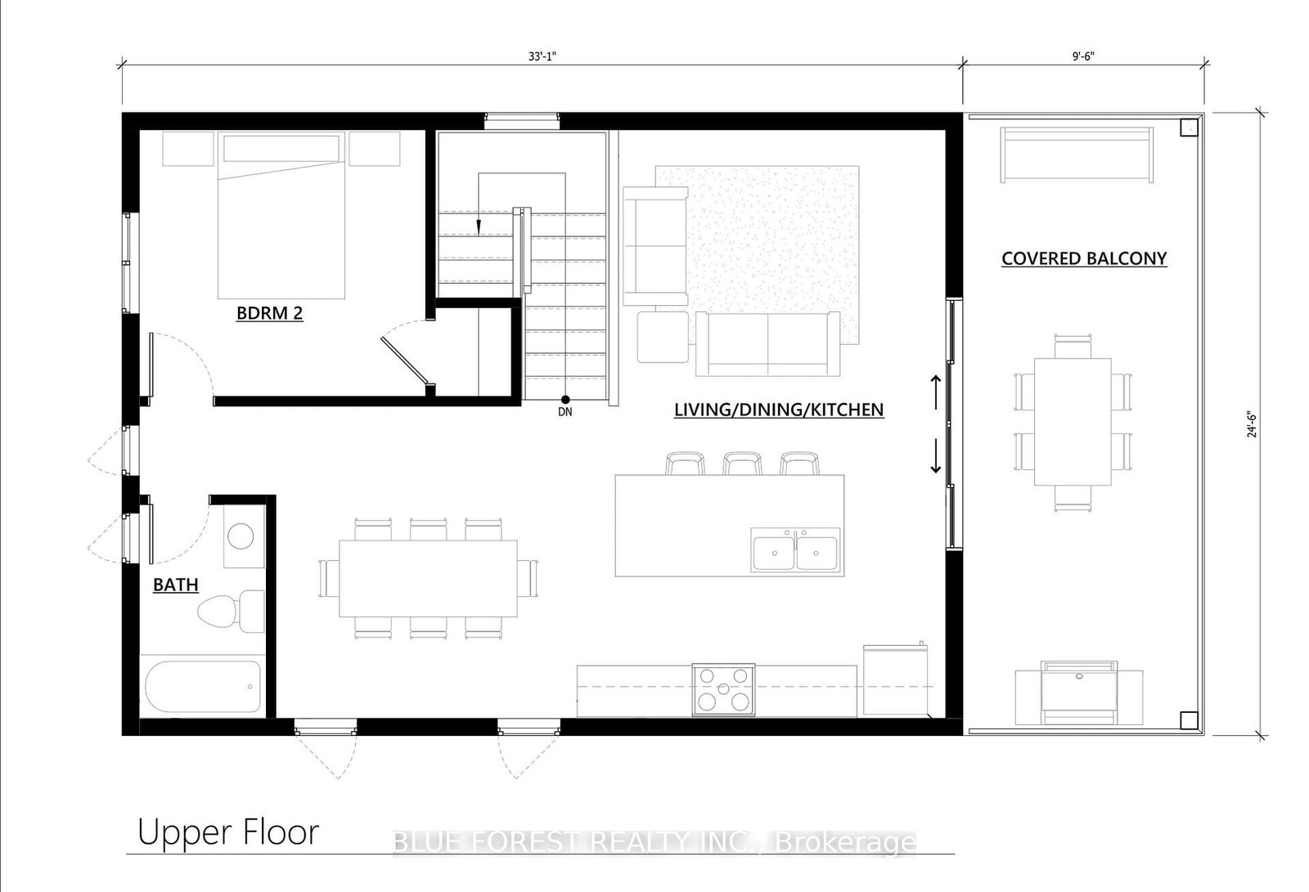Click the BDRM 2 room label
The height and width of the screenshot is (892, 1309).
click(x=269, y=313)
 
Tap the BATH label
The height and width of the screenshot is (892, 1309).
click(x=175, y=585)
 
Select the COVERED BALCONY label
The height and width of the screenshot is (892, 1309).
click(x=1084, y=258)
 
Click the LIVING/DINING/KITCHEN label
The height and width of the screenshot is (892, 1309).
click(x=779, y=410)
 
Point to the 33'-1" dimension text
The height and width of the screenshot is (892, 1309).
click(x=542, y=56)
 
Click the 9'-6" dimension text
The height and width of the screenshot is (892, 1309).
click(x=1083, y=56)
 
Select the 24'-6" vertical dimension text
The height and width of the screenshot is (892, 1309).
click(x=1252, y=424)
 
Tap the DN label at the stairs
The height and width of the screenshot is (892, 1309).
click(x=565, y=412)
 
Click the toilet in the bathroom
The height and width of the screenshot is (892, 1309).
click(x=231, y=611)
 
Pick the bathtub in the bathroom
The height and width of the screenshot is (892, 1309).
click(x=201, y=687)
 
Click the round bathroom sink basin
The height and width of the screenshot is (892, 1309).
click(x=241, y=536)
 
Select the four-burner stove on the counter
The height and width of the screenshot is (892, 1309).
click(x=723, y=690)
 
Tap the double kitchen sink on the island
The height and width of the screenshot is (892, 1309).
click(x=795, y=550)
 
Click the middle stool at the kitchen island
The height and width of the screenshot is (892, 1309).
click(x=742, y=464)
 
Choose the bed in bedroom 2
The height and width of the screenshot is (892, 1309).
click(x=281, y=215)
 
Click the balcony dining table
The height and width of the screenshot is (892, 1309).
click(x=1073, y=422)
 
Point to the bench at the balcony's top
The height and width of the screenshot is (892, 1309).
click(x=1077, y=155)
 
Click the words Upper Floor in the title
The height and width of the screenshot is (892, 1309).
click(x=228, y=832)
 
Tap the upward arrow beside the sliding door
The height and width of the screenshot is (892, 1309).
click(x=936, y=392)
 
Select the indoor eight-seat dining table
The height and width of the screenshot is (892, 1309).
click(x=429, y=578)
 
